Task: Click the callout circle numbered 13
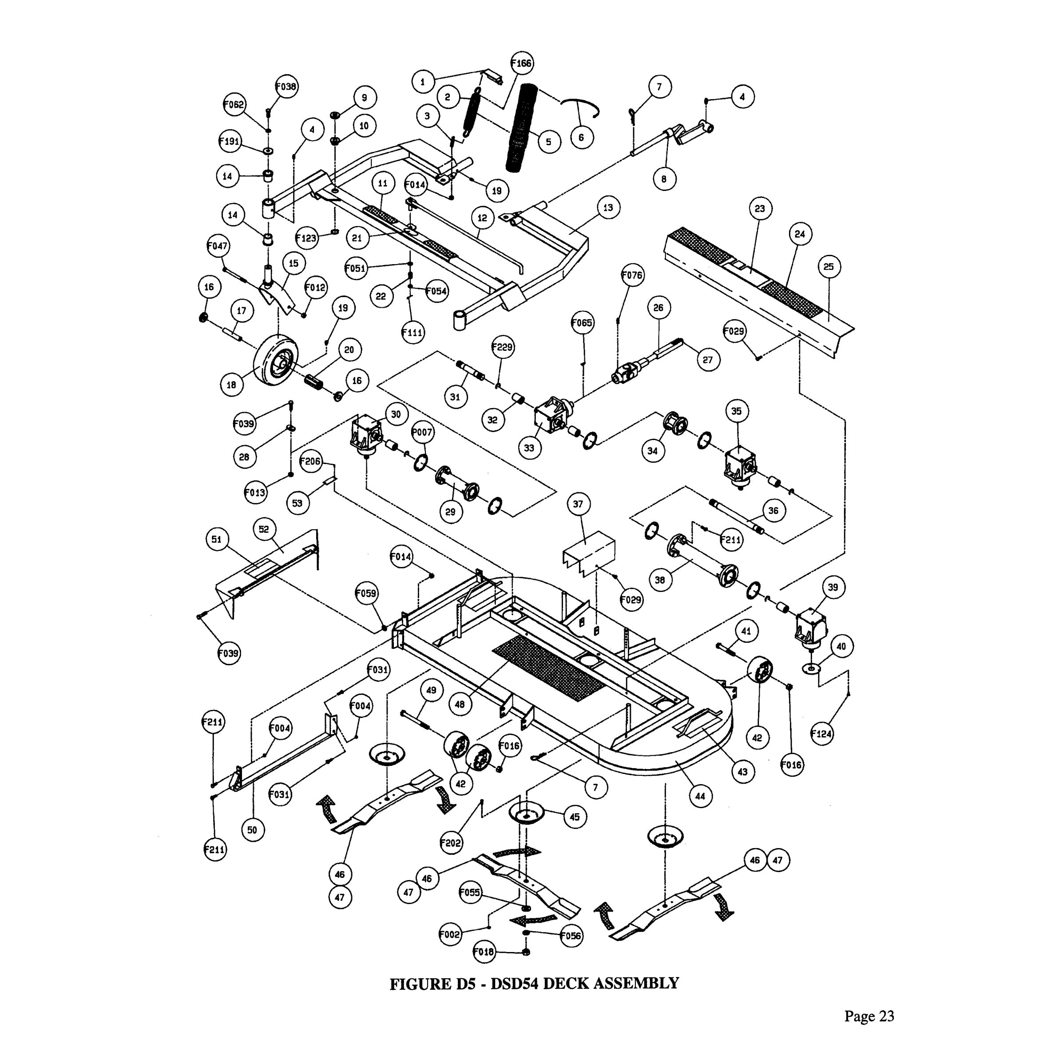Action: (x=608, y=207)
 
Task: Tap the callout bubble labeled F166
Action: (x=521, y=63)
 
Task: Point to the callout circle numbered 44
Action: (x=701, y=796)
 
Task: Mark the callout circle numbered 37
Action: (x=578, y=504)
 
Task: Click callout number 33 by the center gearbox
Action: (x=529, y=448)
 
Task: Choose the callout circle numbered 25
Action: (x=829, y=266)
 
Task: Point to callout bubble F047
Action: (x=217, y=246)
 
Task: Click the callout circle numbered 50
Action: (x=252, y=830)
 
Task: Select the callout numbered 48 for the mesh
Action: (x=460, y=704)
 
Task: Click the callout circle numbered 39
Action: (x=833, y=587)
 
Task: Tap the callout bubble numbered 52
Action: (x=264, y=529)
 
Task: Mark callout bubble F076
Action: (x=632, y=275)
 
